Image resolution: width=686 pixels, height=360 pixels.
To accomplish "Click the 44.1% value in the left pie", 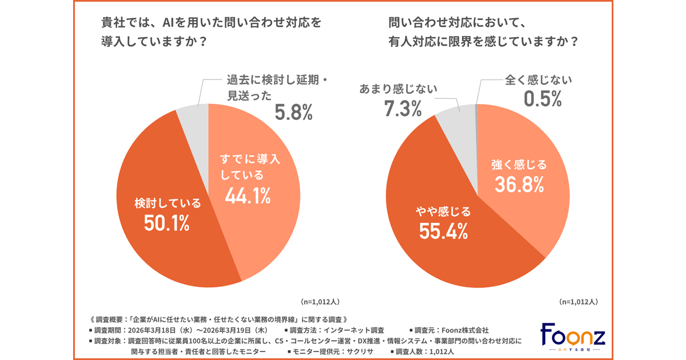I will tap(248, 195).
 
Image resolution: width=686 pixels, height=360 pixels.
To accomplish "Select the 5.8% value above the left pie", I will tap(294, 112).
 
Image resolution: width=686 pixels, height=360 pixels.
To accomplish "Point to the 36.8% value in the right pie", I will tap(519, 186).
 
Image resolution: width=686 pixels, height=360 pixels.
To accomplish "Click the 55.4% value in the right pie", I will tap(444, 231).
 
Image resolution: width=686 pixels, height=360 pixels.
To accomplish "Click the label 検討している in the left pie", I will tap(167, 203).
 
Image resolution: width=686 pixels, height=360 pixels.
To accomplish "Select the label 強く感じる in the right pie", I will tap(519, 165).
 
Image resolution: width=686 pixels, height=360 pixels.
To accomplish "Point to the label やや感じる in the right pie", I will tap(444, 211).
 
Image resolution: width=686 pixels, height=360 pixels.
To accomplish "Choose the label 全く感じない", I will tap(538, 80).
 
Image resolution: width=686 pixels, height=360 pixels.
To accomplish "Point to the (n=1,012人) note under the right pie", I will tap(578, 301).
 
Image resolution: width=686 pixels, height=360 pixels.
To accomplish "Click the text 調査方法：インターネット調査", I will tap(337, 330).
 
